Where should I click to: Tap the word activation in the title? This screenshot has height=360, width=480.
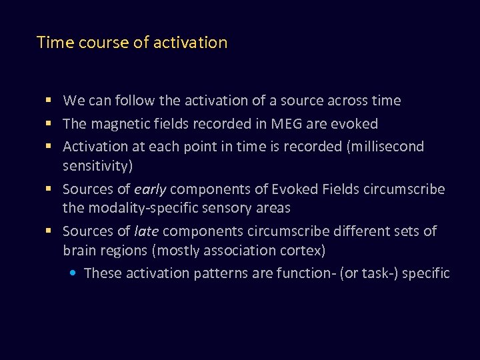190,43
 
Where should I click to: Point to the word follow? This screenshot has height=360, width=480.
134,101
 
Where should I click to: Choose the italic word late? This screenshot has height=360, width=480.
147,231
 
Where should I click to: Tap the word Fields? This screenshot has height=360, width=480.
339,189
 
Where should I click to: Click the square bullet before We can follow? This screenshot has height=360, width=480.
48,101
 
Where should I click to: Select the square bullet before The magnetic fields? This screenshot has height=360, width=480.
48,124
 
